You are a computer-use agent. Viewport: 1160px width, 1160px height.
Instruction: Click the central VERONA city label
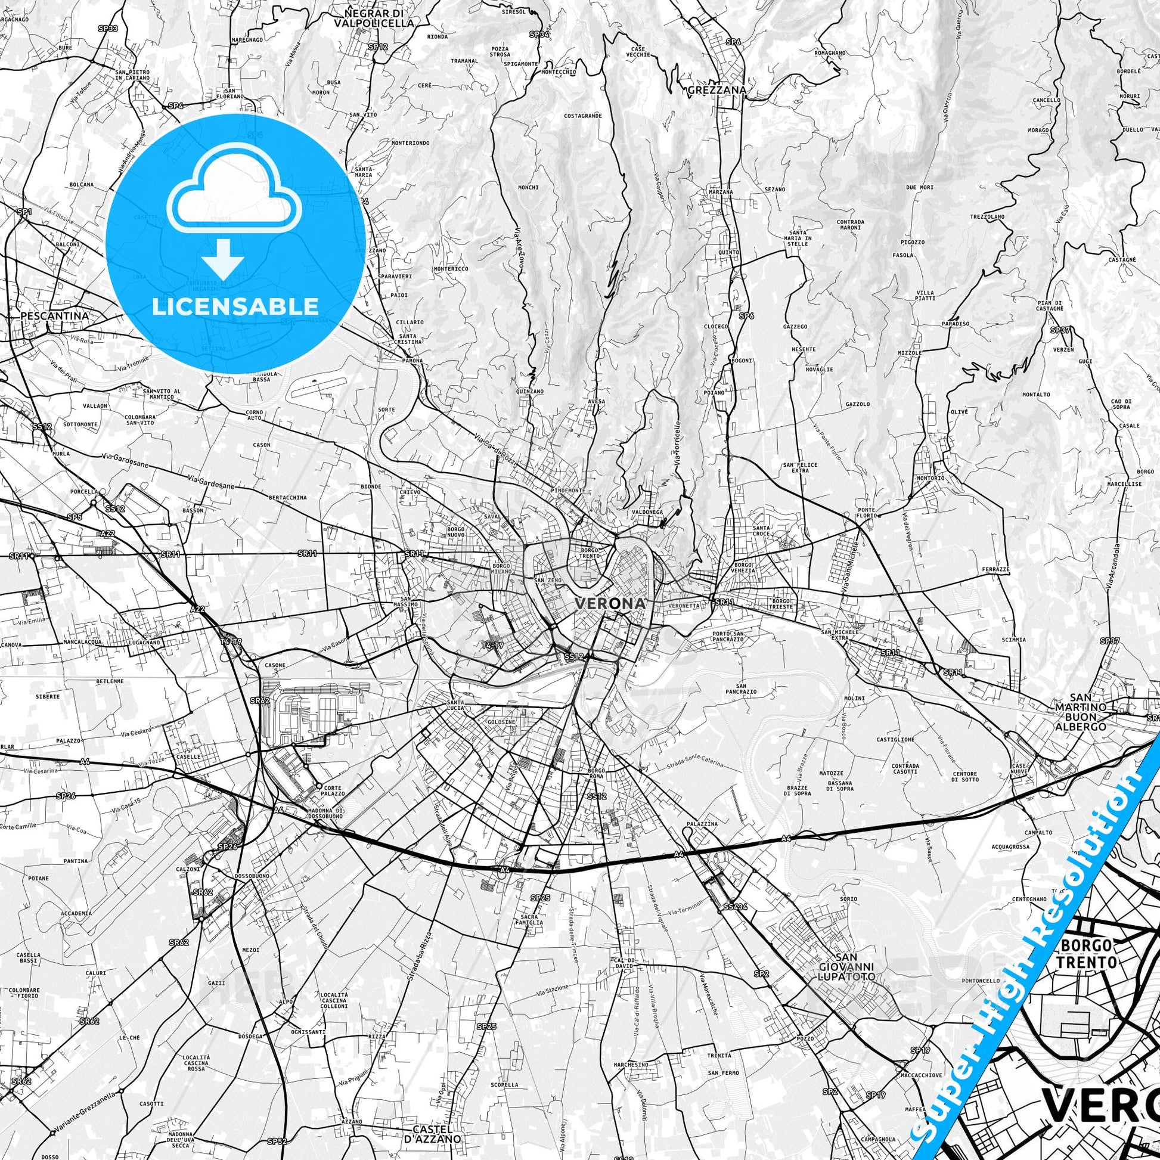tap(610, 603)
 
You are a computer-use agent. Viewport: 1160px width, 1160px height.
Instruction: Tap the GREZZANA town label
tap(717, 91)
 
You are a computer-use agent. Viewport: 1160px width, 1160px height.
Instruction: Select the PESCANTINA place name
tap(54, 315)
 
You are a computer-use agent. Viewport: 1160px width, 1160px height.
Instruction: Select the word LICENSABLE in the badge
tap(235, 306)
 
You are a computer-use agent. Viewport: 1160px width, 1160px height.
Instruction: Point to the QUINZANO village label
tap(529, 392)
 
